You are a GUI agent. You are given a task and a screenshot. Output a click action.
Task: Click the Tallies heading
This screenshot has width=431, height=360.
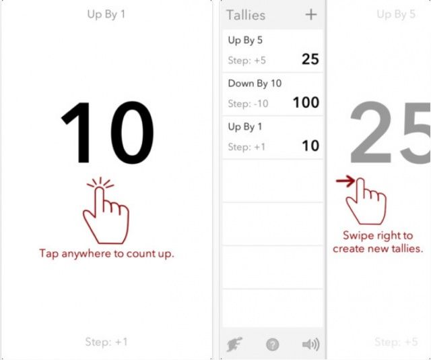tap(246, 15)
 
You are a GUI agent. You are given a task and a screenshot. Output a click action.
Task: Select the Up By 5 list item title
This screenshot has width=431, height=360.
tap(245, 40)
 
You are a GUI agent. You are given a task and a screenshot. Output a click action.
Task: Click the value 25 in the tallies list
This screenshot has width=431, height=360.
tap(310, 59)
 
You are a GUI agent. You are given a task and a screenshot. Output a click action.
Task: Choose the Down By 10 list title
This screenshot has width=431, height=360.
tap(255, 84)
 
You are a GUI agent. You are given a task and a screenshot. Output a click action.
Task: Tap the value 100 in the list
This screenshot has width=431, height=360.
tap(306, 102)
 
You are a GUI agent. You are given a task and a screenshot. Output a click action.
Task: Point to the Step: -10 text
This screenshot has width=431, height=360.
tap(248, 104)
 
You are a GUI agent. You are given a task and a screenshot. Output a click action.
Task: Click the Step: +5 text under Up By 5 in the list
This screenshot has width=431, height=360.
tap(247, 61)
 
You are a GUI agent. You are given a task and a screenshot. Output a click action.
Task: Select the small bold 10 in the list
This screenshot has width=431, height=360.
tap(310, 146)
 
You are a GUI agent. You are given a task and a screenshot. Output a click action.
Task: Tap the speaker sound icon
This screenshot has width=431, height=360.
tap(310, 344)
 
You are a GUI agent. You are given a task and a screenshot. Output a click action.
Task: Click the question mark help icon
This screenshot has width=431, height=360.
tap(272, 344)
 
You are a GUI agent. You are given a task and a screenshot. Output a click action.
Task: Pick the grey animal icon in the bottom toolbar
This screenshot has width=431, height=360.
tap(234, 344)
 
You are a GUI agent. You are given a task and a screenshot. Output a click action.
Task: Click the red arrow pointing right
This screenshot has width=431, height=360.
tap(345, 181)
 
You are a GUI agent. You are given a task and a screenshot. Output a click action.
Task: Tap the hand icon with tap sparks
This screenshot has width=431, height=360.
tap(106, 210)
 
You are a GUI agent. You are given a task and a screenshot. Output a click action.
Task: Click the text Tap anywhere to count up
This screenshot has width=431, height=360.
tap(107, 253)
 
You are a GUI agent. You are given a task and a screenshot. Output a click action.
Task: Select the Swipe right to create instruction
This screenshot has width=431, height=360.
tap(378, 242)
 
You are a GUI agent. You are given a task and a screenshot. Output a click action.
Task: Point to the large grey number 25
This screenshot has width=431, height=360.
tap(391, 132)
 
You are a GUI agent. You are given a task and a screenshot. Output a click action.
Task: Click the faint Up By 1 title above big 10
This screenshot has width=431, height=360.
tap(106, 14)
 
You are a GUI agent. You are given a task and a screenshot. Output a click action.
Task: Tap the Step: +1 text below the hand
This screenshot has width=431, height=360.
tap(106, 342)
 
